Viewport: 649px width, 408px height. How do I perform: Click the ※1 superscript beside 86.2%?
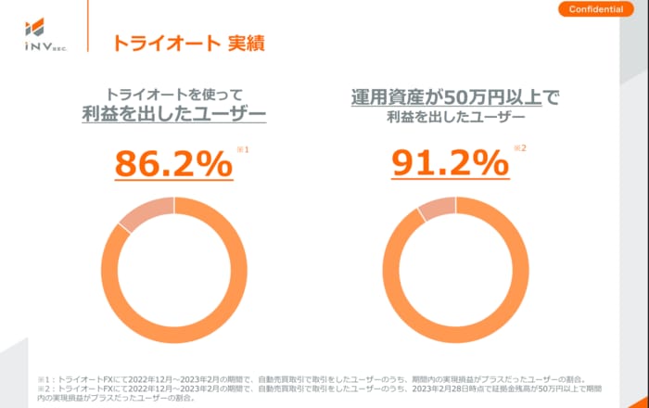click(x=243, y=148)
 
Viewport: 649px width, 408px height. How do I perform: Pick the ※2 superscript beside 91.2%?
click(x=521, y=148)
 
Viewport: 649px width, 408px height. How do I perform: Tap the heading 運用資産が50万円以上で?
click(x=456, y=96)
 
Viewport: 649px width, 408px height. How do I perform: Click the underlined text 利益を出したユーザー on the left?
click(x=173, y=115)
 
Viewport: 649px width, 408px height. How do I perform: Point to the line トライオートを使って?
click(x=173, y=94)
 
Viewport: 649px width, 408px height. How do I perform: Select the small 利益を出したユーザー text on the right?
click(x=456, y=119)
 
